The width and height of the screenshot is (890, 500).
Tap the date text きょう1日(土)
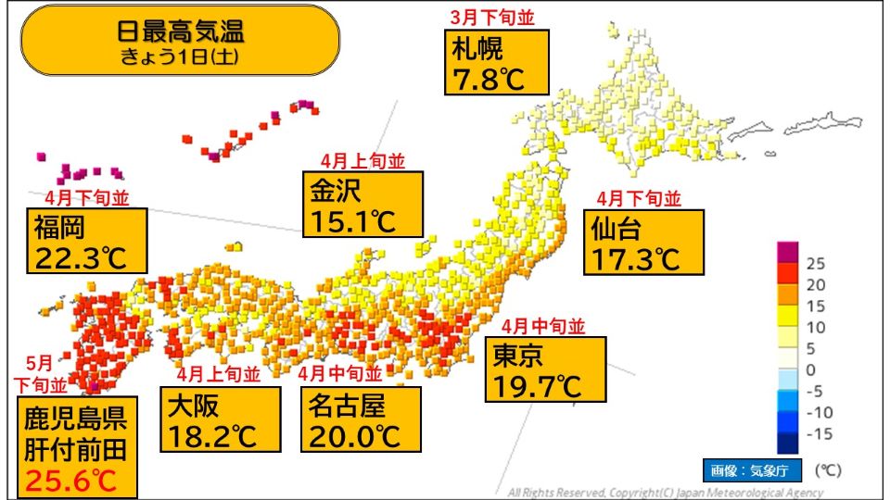point(180,56)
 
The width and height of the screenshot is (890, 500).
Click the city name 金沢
point(336,190)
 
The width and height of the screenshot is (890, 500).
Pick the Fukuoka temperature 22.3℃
point(81,256)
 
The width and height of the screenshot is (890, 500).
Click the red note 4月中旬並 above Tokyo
point(543,326)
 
